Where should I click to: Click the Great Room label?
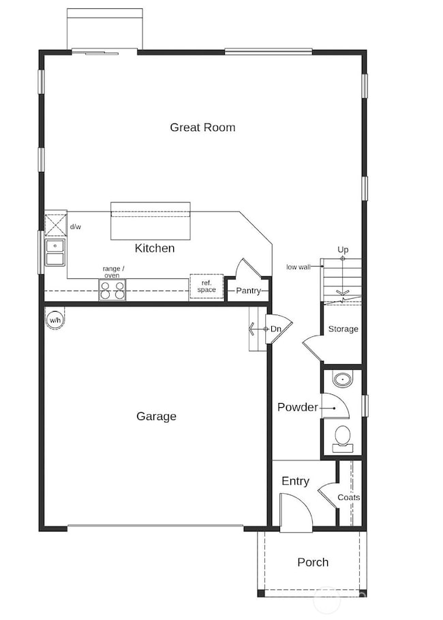202,127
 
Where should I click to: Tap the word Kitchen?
154,248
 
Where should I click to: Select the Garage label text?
156,416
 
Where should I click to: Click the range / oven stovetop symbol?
113,291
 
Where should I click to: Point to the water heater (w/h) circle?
54,318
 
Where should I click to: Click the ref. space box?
207,286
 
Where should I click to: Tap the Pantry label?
248,291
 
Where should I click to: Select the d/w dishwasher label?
76,226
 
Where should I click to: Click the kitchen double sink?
55,252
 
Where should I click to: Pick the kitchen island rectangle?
151,220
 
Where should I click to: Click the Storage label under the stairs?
343,329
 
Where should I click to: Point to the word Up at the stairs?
343,250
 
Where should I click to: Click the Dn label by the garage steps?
275,329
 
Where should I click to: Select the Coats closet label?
349,497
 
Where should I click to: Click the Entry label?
295,481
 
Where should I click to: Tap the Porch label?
313,562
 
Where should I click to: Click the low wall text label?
298,267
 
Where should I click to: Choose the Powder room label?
297,407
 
